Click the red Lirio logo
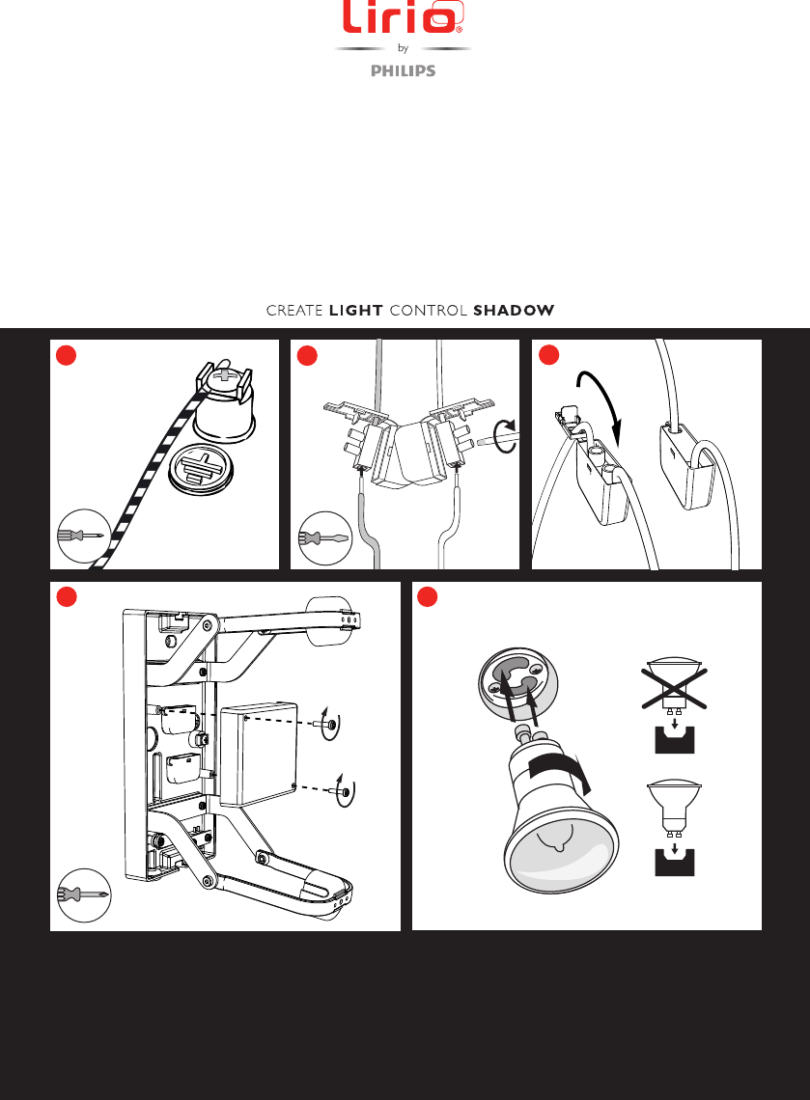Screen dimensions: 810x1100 point(403,16)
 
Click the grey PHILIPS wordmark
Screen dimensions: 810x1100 point(403,70)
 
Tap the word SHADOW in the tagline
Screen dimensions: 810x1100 point(514,310)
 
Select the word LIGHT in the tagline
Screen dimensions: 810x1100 point(356,310)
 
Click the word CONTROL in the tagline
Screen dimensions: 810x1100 point(428,310)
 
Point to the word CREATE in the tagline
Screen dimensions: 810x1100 point(294,310)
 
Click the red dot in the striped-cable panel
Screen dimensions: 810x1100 point(66,356)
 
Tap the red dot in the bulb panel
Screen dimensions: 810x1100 point(428,597)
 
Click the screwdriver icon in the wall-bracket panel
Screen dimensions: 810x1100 point(84,895)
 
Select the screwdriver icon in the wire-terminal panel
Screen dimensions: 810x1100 point(325,538)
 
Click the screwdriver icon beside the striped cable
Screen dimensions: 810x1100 point(84,536)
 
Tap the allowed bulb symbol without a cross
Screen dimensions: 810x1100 point(675,808)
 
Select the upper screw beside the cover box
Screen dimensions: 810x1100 point(330,725)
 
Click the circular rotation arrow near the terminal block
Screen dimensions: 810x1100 point(505,438)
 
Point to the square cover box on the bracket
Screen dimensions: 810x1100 point(259,755)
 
